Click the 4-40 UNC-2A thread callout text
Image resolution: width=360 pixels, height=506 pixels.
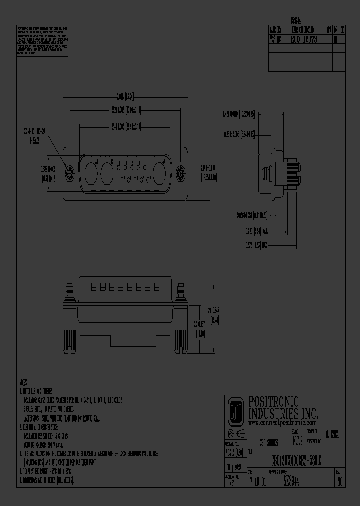(x=34, y=135)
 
